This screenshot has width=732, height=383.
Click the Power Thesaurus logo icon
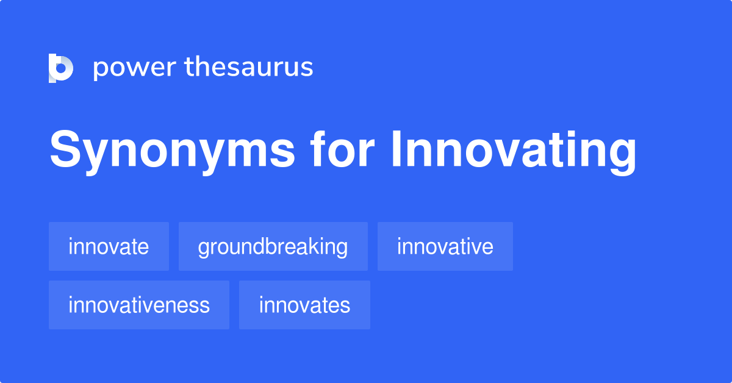(61, 68)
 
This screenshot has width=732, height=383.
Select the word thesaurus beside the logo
(249, 68)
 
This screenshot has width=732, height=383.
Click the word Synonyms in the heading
(173, 151)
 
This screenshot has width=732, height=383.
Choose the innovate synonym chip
(109, 246)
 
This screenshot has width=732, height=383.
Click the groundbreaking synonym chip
(273, 246)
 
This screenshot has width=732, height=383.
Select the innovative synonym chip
(445, 246)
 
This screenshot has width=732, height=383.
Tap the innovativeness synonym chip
(139, 305)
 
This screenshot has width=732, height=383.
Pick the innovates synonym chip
(304, 305)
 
